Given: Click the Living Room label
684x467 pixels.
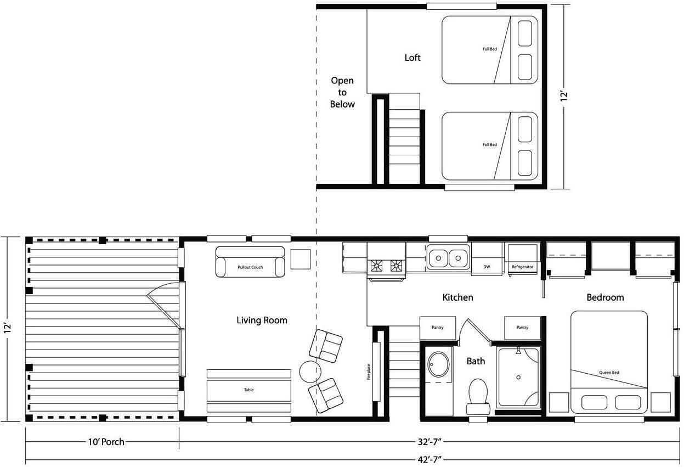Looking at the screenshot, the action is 262,320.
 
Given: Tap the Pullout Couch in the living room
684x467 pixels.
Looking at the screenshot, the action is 250,262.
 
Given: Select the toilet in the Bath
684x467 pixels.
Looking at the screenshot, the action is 478,397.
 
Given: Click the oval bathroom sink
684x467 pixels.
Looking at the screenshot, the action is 438,365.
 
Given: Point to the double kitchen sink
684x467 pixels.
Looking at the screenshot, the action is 448,257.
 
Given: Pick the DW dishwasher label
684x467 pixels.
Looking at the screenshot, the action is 487,267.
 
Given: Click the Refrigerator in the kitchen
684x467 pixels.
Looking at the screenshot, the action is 522,259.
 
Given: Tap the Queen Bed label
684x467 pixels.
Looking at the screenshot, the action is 609,372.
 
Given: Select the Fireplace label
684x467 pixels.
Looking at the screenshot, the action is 369,372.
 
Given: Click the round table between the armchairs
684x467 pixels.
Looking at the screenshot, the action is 310,372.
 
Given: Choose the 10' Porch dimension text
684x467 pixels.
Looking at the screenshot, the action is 106,442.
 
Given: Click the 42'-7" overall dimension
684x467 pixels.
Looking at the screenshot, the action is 429,460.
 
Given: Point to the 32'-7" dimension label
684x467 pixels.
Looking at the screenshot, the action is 429,442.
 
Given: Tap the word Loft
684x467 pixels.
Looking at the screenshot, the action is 412,58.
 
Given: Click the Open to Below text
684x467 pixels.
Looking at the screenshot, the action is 342,92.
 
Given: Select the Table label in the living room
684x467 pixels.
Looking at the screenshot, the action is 249,390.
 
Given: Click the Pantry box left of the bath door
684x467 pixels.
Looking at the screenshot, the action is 438,328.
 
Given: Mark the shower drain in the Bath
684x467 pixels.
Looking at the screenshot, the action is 518,377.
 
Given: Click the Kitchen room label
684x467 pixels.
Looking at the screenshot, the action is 457,297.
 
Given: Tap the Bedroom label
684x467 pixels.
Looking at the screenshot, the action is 605,297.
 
